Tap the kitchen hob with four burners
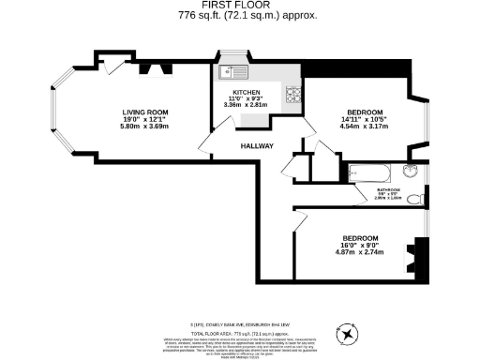click(x=292, y=94)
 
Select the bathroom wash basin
click(x=411, y=172)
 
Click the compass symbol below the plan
click(x=348, y=331)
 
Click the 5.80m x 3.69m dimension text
click(x=137, y=127)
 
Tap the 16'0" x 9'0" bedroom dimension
click(x=360, y=246)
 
